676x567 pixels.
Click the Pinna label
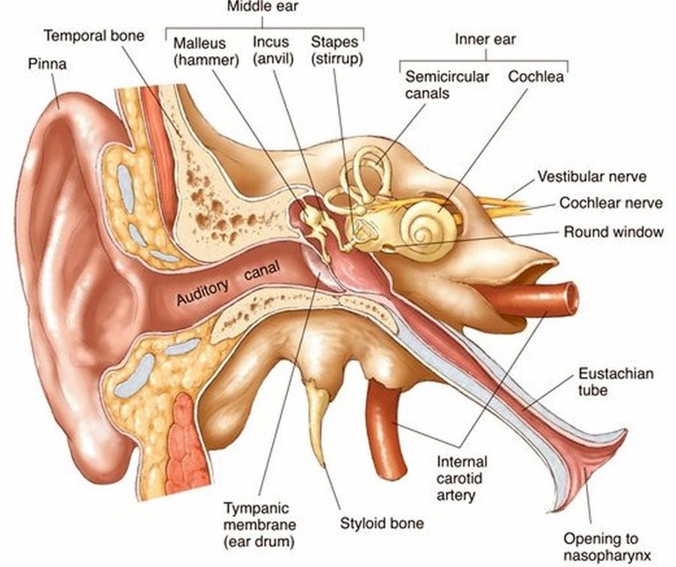pos(48,64)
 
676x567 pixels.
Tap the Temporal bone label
pos(94,35)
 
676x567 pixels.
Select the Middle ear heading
pos(262,6)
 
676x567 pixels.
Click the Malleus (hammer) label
pos(206,51)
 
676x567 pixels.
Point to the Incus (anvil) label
pos(273,50)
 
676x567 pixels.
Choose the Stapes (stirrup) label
pos(337,50)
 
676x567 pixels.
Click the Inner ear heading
pos(486,40)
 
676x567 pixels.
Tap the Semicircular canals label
pos(446,85)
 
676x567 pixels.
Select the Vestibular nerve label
pos(591,176)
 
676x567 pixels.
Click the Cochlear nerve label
pos(611,203)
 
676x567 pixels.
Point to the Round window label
pos(614,232)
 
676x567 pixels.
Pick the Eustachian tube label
pos(615,381)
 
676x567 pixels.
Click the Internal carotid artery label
pos(462,479)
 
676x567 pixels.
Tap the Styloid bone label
pos(382,524)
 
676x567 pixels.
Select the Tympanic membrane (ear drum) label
pos(260,525)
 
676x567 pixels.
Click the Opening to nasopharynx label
pos(607,547)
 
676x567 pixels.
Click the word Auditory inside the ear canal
pos(202,292)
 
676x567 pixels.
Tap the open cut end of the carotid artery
pos(570,298)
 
